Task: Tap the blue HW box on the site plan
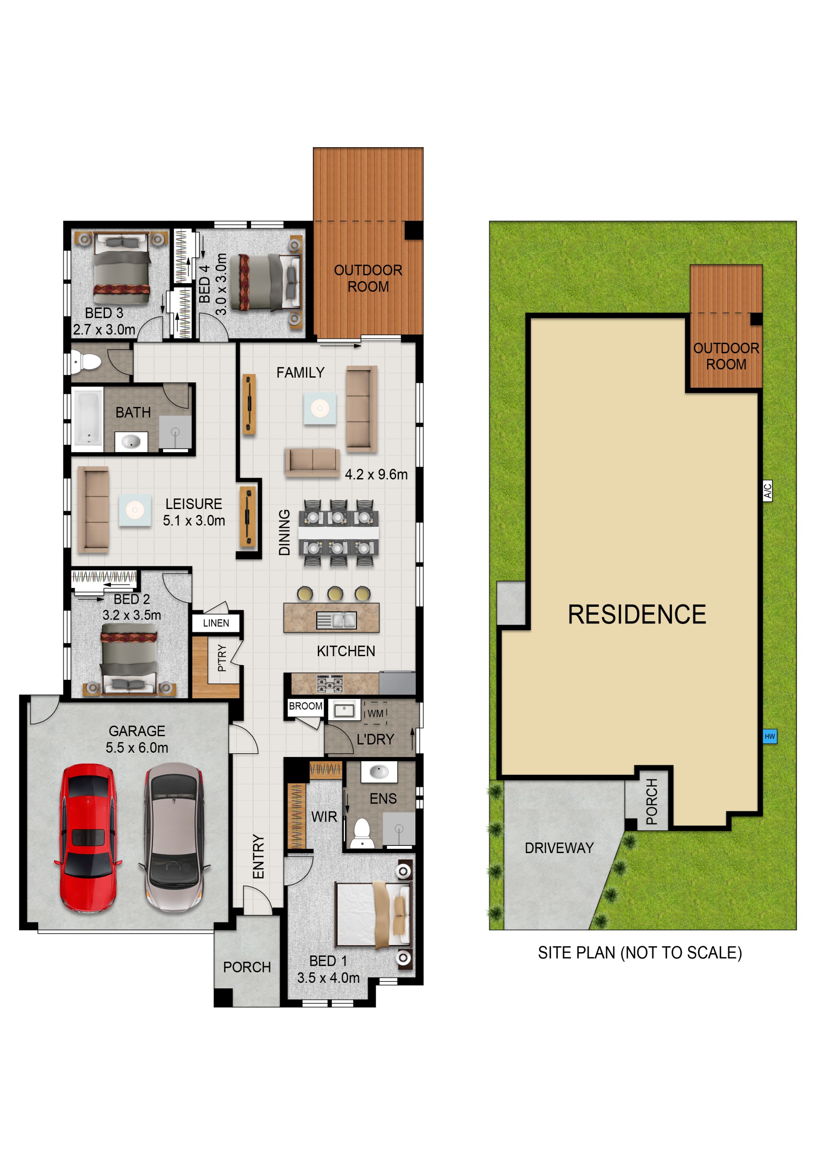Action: point(769,737)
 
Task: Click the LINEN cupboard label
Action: point(216,623)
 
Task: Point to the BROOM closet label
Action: point(305,706)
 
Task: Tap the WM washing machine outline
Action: point(375,713)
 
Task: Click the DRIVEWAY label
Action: point(559,848)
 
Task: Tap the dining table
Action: point(338,532)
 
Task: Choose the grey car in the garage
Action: point(174,837)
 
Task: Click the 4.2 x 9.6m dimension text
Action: point(376,475)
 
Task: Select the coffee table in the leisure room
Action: point(135,510)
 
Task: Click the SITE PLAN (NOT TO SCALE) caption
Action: point(640,953)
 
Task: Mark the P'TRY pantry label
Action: point(222,658)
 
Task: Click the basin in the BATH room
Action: point(131,442)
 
